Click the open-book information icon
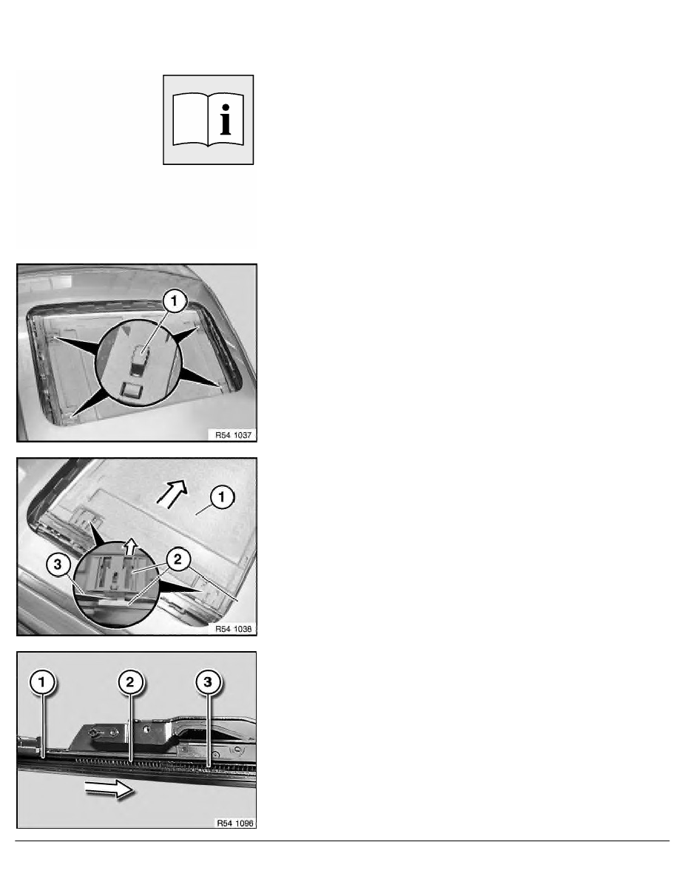click(x=208, y=119)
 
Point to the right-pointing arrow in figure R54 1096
click(x=108, y=792)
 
